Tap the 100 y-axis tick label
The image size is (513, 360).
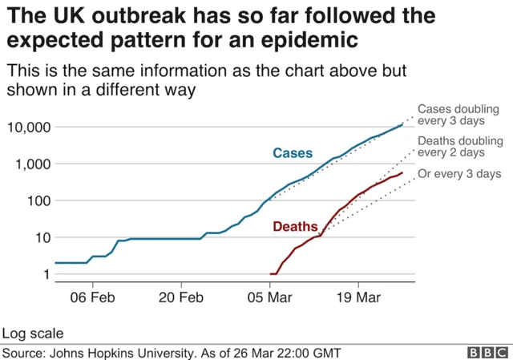(38, 200)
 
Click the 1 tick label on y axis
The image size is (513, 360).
(46, 274)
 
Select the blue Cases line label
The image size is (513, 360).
(293, 153)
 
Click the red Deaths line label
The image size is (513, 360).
(296, 227)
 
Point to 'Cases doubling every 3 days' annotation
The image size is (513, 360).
(456, 115)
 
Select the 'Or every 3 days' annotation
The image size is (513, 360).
(460, 174)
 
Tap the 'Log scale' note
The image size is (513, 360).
(33, 333)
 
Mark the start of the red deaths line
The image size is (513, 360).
(271, 274)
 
